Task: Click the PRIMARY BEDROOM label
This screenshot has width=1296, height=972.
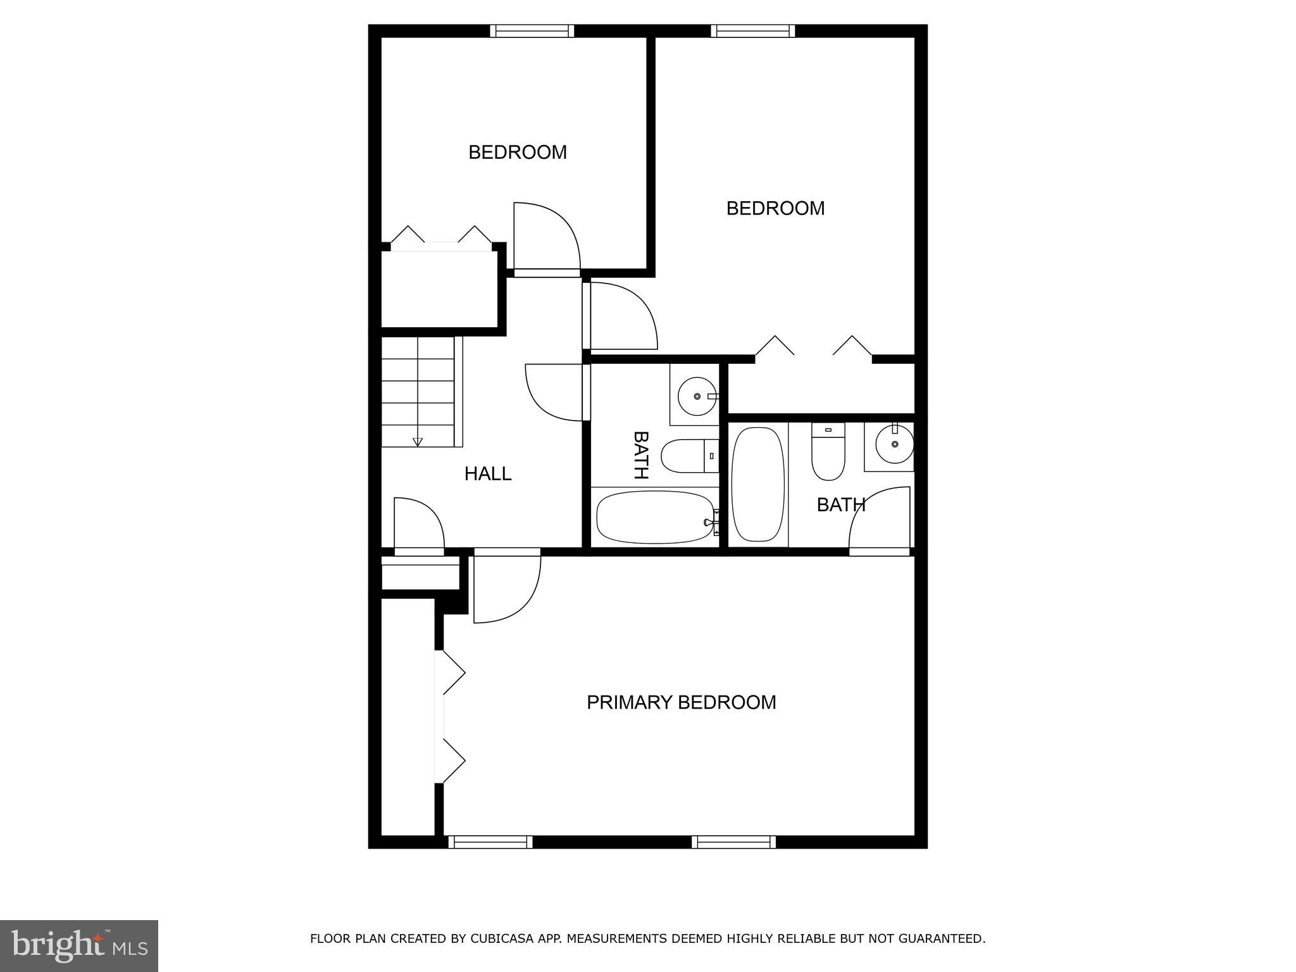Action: pos(681,702)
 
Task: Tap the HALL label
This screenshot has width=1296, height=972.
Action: pos(487,473)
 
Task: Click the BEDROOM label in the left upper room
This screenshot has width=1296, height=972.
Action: pos(517,152)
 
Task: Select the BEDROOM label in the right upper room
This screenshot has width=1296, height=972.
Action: pos(775,208)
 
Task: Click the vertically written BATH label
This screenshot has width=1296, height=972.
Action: pos(640,455)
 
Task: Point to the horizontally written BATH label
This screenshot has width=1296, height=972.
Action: pos(840,504)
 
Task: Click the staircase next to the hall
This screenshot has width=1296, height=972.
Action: pos(418,392)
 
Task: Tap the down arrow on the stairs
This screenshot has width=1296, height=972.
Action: pos(418,442)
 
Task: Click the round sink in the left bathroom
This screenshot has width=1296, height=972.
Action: pos(696,396)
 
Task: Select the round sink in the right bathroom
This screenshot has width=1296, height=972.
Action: pos(894,444)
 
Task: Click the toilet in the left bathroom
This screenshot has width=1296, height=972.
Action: pos(688,456)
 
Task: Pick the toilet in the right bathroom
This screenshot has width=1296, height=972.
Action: pos(828,452)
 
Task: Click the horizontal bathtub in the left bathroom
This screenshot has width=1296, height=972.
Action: pos(656,518)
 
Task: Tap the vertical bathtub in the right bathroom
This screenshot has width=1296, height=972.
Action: pos(757,485)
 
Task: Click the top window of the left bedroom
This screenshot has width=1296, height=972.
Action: pos(532,31)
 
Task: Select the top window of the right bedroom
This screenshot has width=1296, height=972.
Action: pos(752,31)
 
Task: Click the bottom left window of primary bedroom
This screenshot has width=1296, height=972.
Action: pos(490,842)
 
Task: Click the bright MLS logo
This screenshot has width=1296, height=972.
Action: pos(79,945)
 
